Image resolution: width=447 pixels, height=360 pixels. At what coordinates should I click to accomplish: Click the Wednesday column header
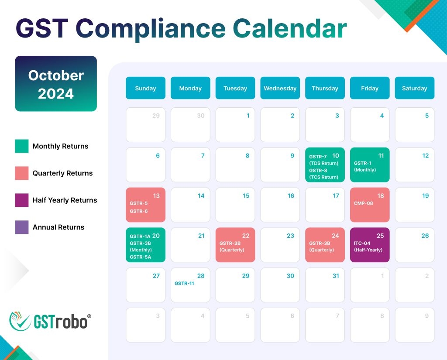tap(280, 88)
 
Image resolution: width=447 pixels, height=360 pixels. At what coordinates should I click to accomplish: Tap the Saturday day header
tap(415, 88)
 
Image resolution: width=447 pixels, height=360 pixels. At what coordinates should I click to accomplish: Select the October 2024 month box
tap(56, 83)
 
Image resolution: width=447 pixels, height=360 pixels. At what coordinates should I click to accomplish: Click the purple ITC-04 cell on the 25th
tap(370, 245)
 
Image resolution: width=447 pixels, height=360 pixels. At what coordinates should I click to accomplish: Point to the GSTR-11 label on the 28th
tap(184, 283)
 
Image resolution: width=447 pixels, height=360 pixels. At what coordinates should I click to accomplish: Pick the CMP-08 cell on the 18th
tap(370, 205)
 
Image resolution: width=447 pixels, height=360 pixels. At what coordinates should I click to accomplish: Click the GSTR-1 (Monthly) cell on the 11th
tap(370, 165)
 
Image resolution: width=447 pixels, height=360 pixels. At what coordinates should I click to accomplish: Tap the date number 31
tap(336, 276)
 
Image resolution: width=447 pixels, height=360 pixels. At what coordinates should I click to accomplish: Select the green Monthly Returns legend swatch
tap(22, 146)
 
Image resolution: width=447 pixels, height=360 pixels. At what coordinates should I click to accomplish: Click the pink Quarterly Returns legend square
tap(22, 173)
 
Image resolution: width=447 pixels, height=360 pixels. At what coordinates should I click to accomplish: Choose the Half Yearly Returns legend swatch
tap(22, 200)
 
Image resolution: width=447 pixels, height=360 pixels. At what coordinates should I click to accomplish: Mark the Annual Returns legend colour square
tap(22, 227)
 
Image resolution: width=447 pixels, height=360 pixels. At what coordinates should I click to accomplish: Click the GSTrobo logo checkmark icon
tap(20, 321)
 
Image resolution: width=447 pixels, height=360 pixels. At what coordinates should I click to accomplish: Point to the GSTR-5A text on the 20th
tap(140, 257)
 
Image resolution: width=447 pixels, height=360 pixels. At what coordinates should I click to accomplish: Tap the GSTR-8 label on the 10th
tap(318, 171)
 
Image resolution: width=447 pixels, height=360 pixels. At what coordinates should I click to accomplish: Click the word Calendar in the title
tap(290, 28)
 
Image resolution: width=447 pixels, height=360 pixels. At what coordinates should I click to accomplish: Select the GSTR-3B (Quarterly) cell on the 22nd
tap(235, 245)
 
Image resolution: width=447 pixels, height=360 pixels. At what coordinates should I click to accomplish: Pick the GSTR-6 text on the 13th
tap(138, 211)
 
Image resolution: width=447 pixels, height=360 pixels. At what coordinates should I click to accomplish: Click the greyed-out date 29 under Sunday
tap(156, 116)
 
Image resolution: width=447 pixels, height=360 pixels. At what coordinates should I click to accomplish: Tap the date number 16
tap(291, 195)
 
